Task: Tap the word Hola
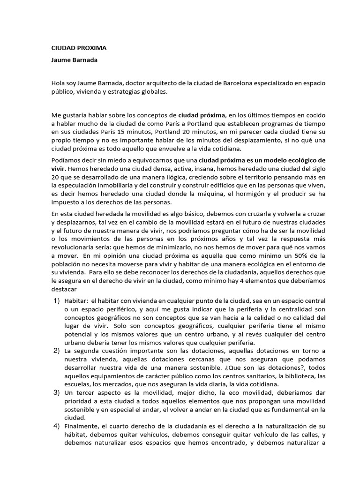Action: tap(58, 83)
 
